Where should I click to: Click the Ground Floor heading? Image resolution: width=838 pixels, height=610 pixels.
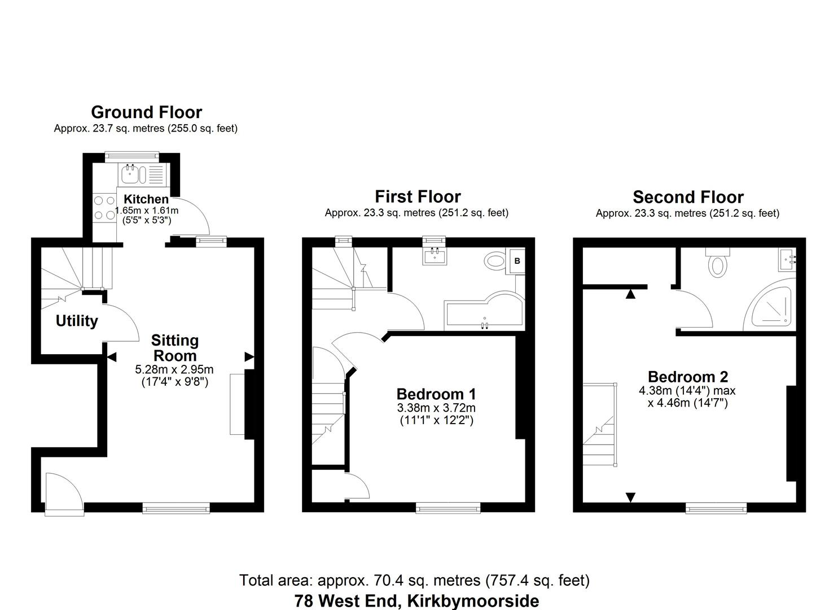[x=146, y=112]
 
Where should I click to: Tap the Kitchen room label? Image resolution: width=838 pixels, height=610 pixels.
[x=146, y=199]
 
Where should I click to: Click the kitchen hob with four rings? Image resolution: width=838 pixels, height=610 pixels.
[x=104, y=207]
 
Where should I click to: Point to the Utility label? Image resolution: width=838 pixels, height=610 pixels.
[x=77, y=321]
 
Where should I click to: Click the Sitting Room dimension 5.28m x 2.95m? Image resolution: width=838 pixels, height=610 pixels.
[x=174, y=369]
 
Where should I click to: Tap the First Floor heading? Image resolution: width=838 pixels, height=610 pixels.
[x=418, y=197]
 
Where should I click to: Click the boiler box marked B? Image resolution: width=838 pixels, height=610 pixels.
[x=517, y=261]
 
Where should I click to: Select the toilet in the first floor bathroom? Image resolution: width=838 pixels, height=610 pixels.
[x=495, y=261]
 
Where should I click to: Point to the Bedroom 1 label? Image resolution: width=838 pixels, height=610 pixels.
[x=436, y=394]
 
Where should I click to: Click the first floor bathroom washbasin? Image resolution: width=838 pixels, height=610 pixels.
[x=435, y=255]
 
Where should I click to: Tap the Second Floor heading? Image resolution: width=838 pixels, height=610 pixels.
[x=688, y=197]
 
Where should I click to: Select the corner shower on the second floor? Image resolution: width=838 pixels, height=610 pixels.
[x=771, y=305]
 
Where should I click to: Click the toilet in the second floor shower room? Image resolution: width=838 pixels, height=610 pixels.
[x=717, y=263]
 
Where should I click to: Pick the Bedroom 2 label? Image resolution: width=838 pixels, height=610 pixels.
[x=687, y=377]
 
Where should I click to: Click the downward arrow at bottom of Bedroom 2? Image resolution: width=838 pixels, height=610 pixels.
[x=630, y=497]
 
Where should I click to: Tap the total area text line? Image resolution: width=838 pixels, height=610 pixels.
[x=414, y=580]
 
